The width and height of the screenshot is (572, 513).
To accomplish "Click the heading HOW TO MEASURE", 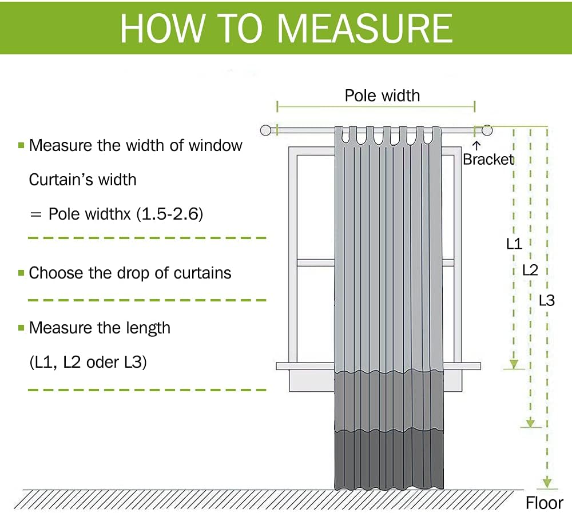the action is click(x=287, y=29).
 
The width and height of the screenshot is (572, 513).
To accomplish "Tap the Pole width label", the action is click(x=382, y=96).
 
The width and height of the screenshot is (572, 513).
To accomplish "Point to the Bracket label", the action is click(x=488, y=160).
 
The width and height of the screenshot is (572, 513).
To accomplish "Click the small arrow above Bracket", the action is click(x=476, y=146).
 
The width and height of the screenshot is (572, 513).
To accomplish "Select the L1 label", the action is click(x=514, y=244).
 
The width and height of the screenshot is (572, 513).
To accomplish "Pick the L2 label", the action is click(x=530, y=270).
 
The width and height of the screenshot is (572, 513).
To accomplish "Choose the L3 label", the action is click(x=547, y=300).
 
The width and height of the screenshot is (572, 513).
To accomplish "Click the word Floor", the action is click(x=545, y=503).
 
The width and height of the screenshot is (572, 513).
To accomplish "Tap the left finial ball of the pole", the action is click(x=265, y=130).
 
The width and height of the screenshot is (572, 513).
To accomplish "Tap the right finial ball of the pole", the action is click(x=487, y=130).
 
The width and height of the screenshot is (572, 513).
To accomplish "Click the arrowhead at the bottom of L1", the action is click(x=514, y=364).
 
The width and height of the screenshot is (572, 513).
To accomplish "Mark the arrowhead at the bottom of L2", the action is click(x=530, y=423).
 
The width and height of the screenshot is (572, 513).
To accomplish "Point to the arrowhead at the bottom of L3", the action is click(x=547, y=483).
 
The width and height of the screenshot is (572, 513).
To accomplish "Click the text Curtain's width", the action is click(x=82, y=180).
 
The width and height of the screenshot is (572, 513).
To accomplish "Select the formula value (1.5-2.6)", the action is click(x=170, y=214).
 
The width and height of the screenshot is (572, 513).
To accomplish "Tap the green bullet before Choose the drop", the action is click(x=21, y=273).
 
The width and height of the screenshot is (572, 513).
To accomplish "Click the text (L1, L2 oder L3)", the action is click(x=88, y=363).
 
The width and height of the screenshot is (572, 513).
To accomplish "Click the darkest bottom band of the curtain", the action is click(x=389, y=460).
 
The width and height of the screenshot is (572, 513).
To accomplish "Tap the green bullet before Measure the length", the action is click(x=21, y=328).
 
